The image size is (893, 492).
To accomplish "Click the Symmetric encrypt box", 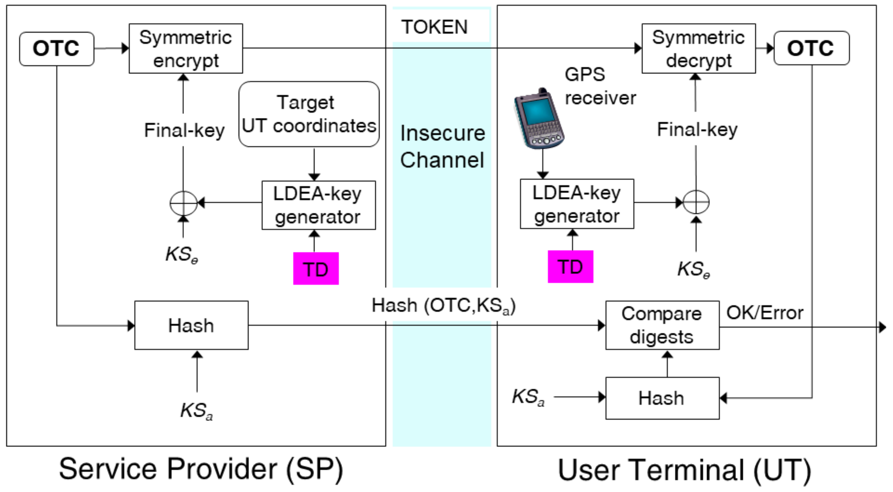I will coord(186,48).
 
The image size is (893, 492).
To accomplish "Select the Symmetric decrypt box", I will coord(698,48).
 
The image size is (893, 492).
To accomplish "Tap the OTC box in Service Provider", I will coord(57,48).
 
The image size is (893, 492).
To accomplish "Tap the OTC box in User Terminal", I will coord(811,48).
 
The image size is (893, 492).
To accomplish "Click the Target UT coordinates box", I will coord(309,114).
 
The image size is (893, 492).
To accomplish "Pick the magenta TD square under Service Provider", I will coord(316,269).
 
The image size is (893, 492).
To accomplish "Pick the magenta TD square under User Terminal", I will coord(570,267).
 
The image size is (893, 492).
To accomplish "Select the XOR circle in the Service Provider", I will coord(183,203).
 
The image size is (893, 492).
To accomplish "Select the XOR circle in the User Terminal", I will coord(696,202).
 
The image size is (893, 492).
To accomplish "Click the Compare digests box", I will coord(662,325).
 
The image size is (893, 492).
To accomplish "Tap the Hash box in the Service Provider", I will coord(191,325).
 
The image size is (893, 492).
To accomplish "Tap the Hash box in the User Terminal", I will coord(662,398).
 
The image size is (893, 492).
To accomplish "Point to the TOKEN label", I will coord(434,27).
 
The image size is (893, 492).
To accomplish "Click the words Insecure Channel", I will coord(442,146).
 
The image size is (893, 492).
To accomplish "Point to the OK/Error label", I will coord(764,313).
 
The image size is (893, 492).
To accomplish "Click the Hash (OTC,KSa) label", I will coord(443,306).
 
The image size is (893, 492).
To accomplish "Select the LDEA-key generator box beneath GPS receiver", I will coord(577,204).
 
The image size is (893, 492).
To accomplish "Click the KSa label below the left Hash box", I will coord(197,411).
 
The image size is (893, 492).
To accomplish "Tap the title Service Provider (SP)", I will coord(201,469).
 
